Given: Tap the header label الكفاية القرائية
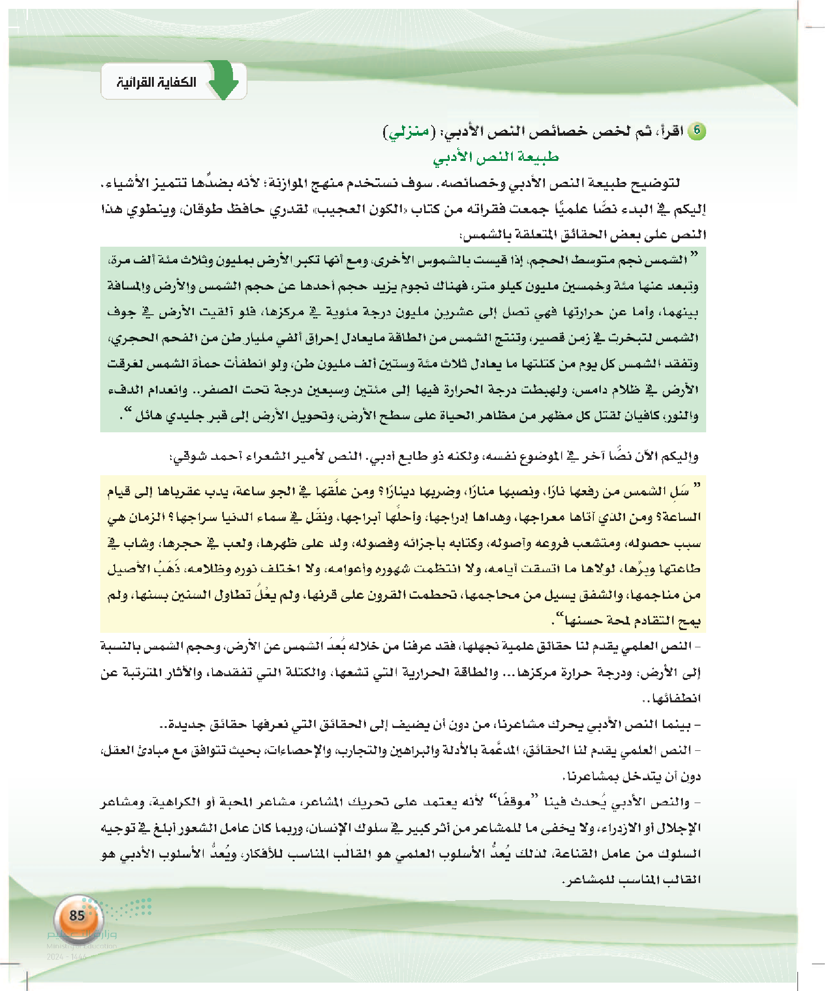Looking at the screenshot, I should (157, 83).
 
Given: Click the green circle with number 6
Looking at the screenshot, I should (696, 131).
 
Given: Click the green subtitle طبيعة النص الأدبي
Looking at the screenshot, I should (496, 157).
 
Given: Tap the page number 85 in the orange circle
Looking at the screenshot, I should (77, 915).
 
